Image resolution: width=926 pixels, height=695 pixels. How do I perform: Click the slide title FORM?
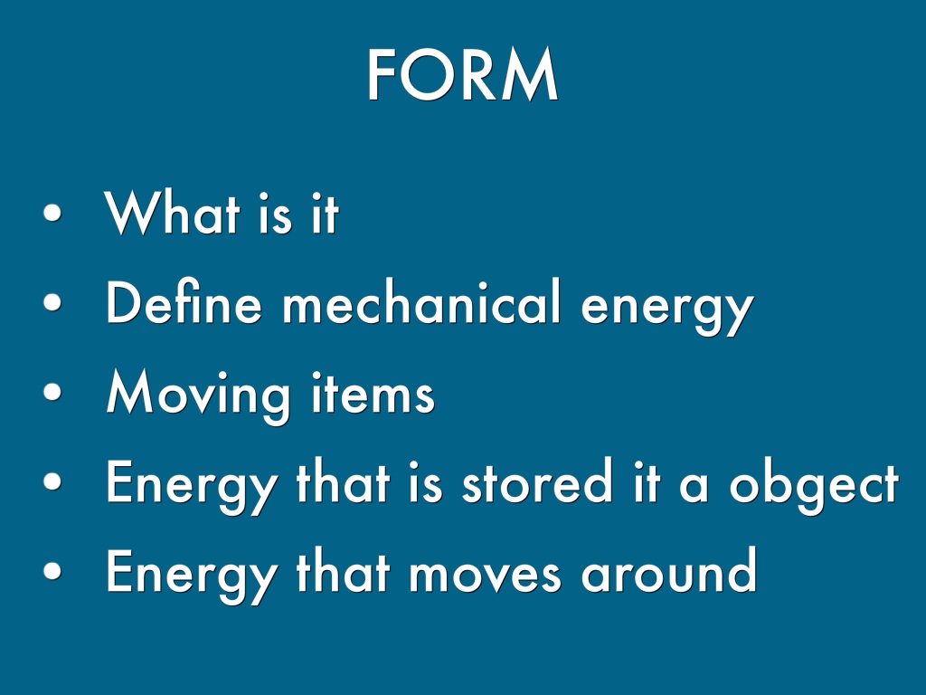point(462,75)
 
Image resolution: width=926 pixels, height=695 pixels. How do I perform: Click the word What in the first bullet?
point(172,212)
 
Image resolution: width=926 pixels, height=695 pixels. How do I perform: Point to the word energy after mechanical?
point(667,309)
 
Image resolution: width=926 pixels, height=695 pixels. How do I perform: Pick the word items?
point(373,393)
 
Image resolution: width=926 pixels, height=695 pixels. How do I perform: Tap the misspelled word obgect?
point(814,486)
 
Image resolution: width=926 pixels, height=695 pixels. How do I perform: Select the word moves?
point(485,575)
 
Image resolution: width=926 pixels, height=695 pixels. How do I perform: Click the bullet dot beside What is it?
point(52,213)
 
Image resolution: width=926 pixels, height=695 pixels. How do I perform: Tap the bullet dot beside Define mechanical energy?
point(52,302)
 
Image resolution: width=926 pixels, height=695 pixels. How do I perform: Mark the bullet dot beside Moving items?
point(52,391)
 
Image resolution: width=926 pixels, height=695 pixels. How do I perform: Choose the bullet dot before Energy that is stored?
point(52,481)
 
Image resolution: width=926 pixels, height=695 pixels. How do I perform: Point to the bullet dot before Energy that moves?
point(52,570)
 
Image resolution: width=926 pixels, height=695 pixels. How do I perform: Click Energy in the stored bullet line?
point(191,486)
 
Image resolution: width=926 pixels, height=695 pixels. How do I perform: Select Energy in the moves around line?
point(191,576)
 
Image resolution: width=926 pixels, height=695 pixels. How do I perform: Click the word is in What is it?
point(275,213)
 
